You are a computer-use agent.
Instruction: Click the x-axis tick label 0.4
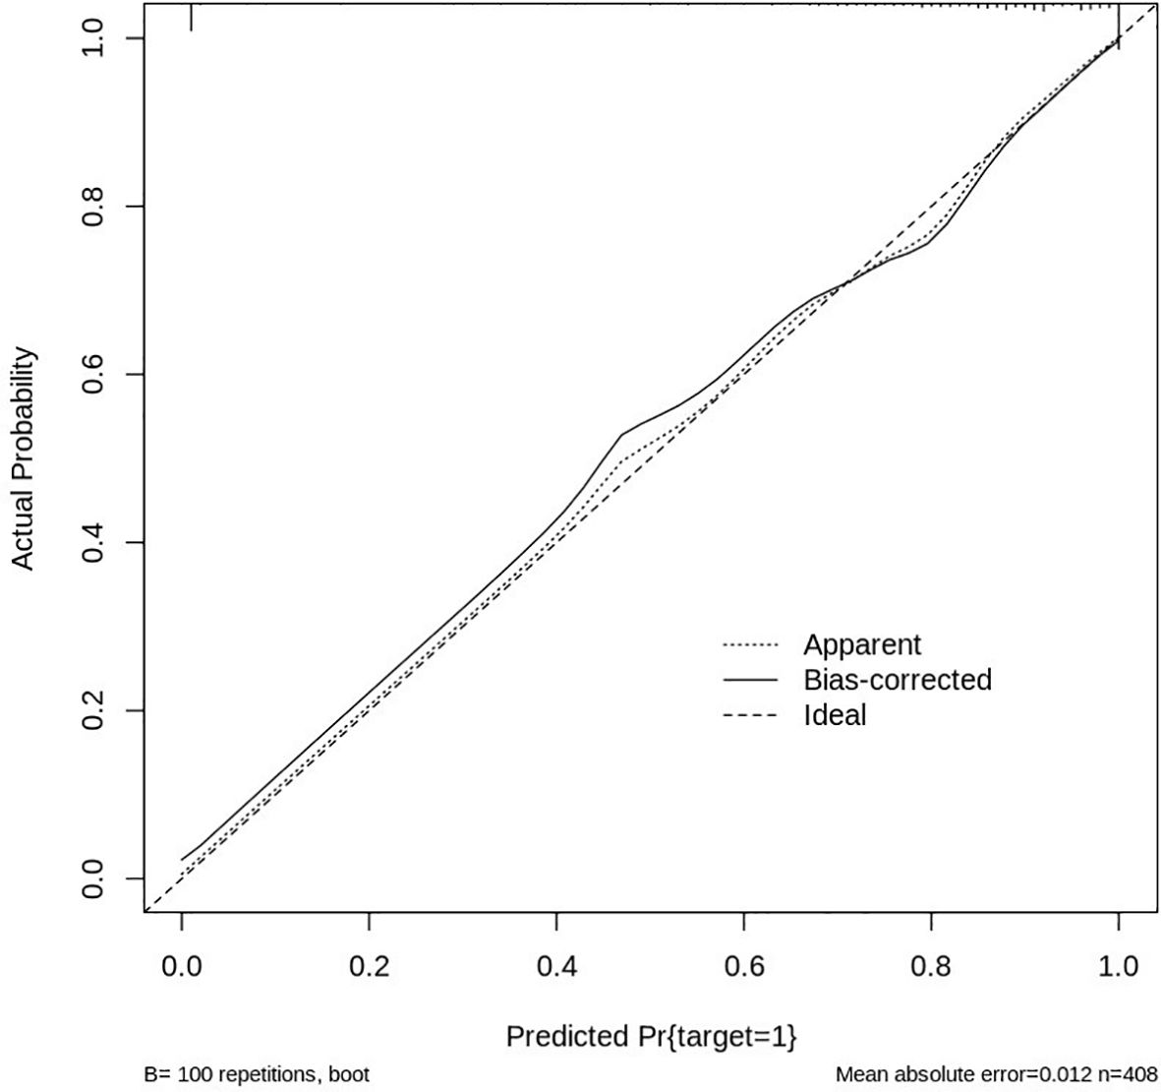[556, 966]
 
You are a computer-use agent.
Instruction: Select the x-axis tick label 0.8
[931, 966]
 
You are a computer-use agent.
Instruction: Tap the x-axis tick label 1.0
[1118, 966]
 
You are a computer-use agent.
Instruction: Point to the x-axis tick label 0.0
[182, 966]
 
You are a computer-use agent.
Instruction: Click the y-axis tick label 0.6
[94, 375]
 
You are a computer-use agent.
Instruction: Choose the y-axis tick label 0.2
[94, 710]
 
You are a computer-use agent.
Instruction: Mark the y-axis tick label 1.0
[94, 38]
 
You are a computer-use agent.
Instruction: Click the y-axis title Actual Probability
[24, 458]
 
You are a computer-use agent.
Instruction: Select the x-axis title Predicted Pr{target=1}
[651, 1036]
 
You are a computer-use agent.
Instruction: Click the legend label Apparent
[862, 645]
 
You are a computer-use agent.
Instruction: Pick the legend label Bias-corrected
[898, 680]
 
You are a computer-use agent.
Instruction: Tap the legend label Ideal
[835, 714]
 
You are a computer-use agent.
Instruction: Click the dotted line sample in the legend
[750, 646]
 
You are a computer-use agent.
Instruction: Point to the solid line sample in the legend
[750, 680]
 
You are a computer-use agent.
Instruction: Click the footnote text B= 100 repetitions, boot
[258, 1074]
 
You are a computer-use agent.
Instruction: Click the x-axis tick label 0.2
[369, 966]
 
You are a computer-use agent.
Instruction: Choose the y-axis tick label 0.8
[94, 207]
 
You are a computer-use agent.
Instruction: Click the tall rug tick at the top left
[191, 17]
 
